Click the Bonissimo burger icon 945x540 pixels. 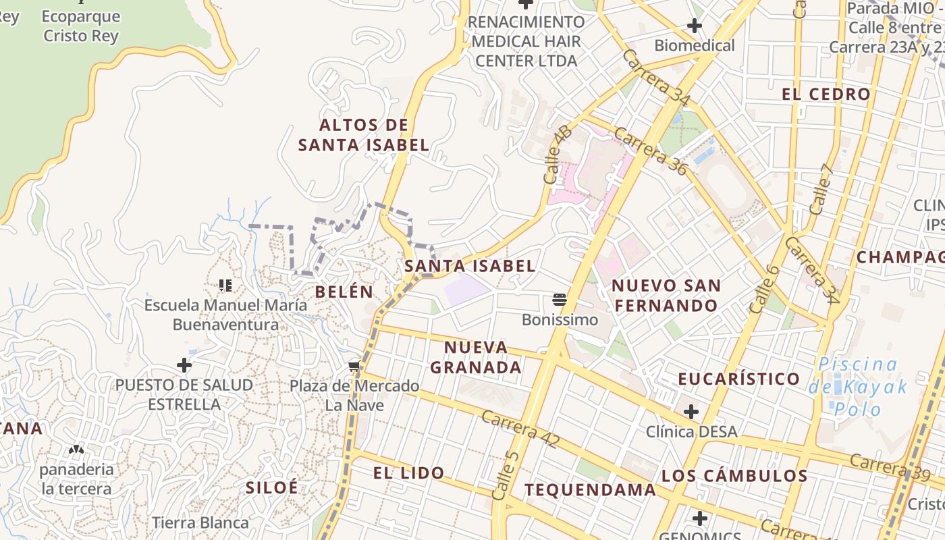point(559,299)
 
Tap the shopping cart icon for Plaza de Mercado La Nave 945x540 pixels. point(354,367)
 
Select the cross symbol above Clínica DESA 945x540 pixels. point(691,411)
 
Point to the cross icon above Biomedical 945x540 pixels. point(694,26)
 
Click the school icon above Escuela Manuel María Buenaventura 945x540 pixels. point(225,286)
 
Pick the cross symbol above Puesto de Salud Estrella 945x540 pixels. point(184,365)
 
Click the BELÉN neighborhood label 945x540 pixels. point(344,292)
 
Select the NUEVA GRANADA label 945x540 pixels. point(476,357)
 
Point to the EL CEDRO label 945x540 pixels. point(826,94)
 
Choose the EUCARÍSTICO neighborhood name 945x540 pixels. point(738,379)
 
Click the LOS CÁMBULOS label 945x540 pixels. point(734,475)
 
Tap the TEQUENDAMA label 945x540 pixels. point(590,489)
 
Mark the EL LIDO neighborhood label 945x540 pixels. point(408,473)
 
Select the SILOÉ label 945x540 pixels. point(271,487)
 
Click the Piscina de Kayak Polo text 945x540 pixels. point(857,387)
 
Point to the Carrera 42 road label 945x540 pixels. point(520,429)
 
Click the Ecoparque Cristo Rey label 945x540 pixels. point(80,26)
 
